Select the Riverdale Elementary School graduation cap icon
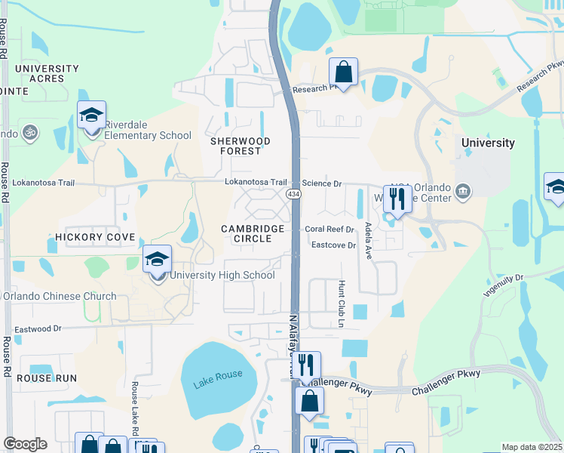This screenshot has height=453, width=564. click(91, 116)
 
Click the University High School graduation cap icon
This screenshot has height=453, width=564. click(157, 260)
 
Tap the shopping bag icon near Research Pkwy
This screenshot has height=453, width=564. click(343, 73)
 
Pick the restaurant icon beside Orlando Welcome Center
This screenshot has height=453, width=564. click(396, 199)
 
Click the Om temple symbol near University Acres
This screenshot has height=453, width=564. click(30, 131)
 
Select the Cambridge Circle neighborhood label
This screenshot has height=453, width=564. click(253, 233)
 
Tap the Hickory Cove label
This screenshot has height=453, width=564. click(95, 237)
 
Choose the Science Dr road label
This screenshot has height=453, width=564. click(322, 183)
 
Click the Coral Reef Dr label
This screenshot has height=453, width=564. click(330, 230)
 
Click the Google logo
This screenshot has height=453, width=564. click(25, 444)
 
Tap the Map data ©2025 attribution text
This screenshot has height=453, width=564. click(532, 447)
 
